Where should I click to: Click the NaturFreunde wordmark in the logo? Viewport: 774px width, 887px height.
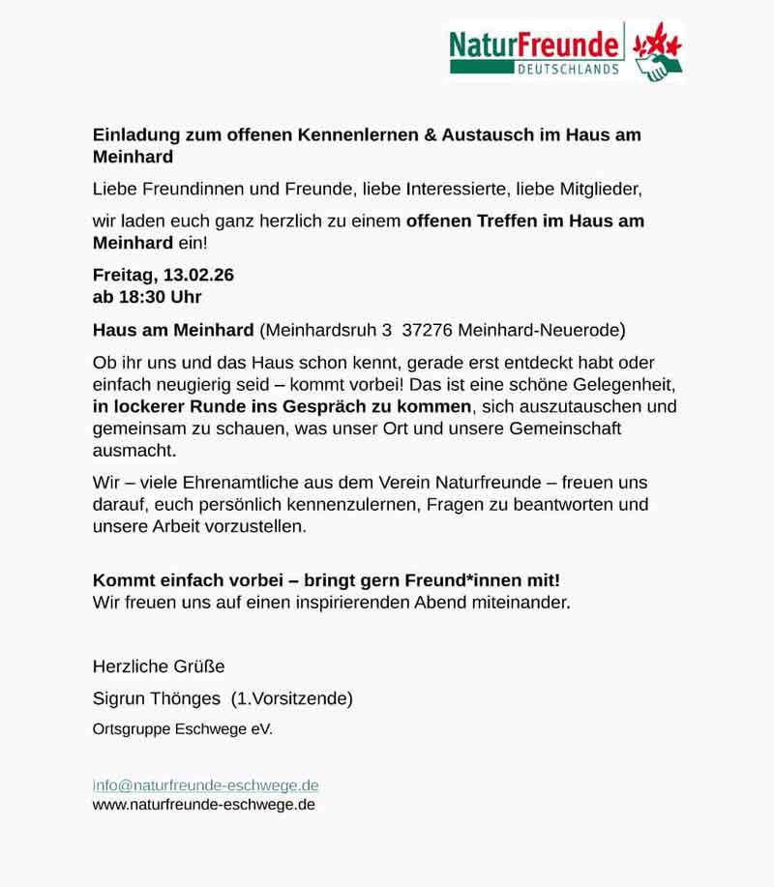click(x=534, y=44)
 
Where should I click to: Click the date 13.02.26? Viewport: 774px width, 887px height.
click(x=198, y=276)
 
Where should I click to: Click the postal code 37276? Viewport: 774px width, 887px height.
click(x=427, y=330)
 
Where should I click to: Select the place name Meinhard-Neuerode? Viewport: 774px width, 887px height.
click(x=542, y=330)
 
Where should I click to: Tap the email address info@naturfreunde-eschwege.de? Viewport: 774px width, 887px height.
click(x=205, y=785)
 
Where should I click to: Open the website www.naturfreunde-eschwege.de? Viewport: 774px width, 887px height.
click(x=203, y=804)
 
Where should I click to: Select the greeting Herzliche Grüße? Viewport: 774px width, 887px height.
click(x=159, y=665)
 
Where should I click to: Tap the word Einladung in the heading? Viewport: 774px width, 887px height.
click(x=134, y=135)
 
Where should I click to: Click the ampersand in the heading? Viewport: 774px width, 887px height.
click(x=431, y=135)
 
